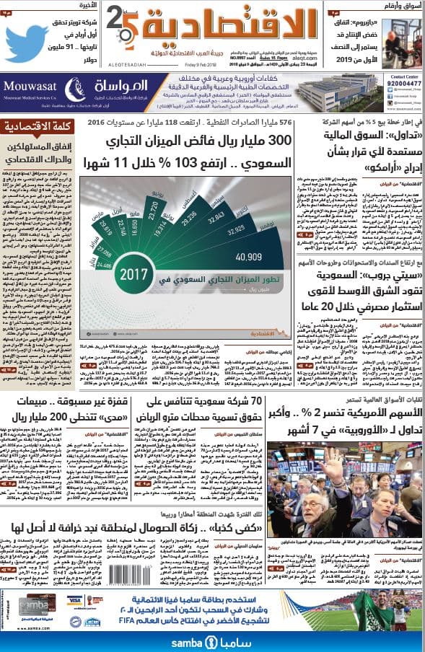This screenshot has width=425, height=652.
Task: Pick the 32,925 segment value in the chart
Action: click(237, 233)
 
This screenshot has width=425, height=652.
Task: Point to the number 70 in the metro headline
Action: click(273, 401)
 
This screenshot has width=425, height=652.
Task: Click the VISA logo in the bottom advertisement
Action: click(74, 599)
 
